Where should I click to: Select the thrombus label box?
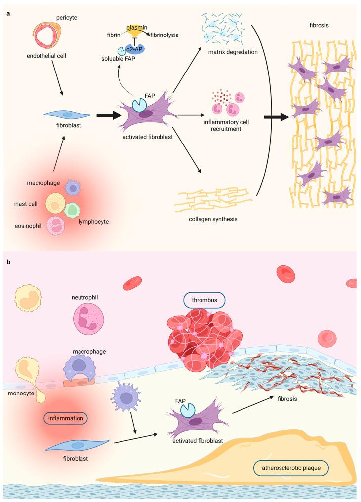204,299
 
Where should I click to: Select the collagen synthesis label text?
213,218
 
